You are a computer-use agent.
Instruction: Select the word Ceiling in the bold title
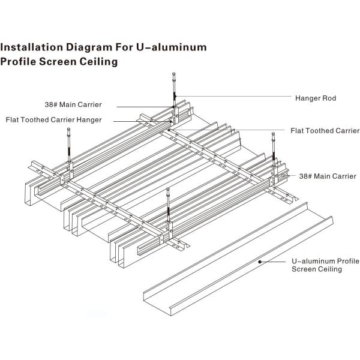click(94, 61)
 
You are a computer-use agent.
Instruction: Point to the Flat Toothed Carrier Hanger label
click(53, 119)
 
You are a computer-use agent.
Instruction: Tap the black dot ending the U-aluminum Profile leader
click(259, 262)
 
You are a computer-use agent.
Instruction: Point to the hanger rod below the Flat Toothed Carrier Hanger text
click(70, 145)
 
